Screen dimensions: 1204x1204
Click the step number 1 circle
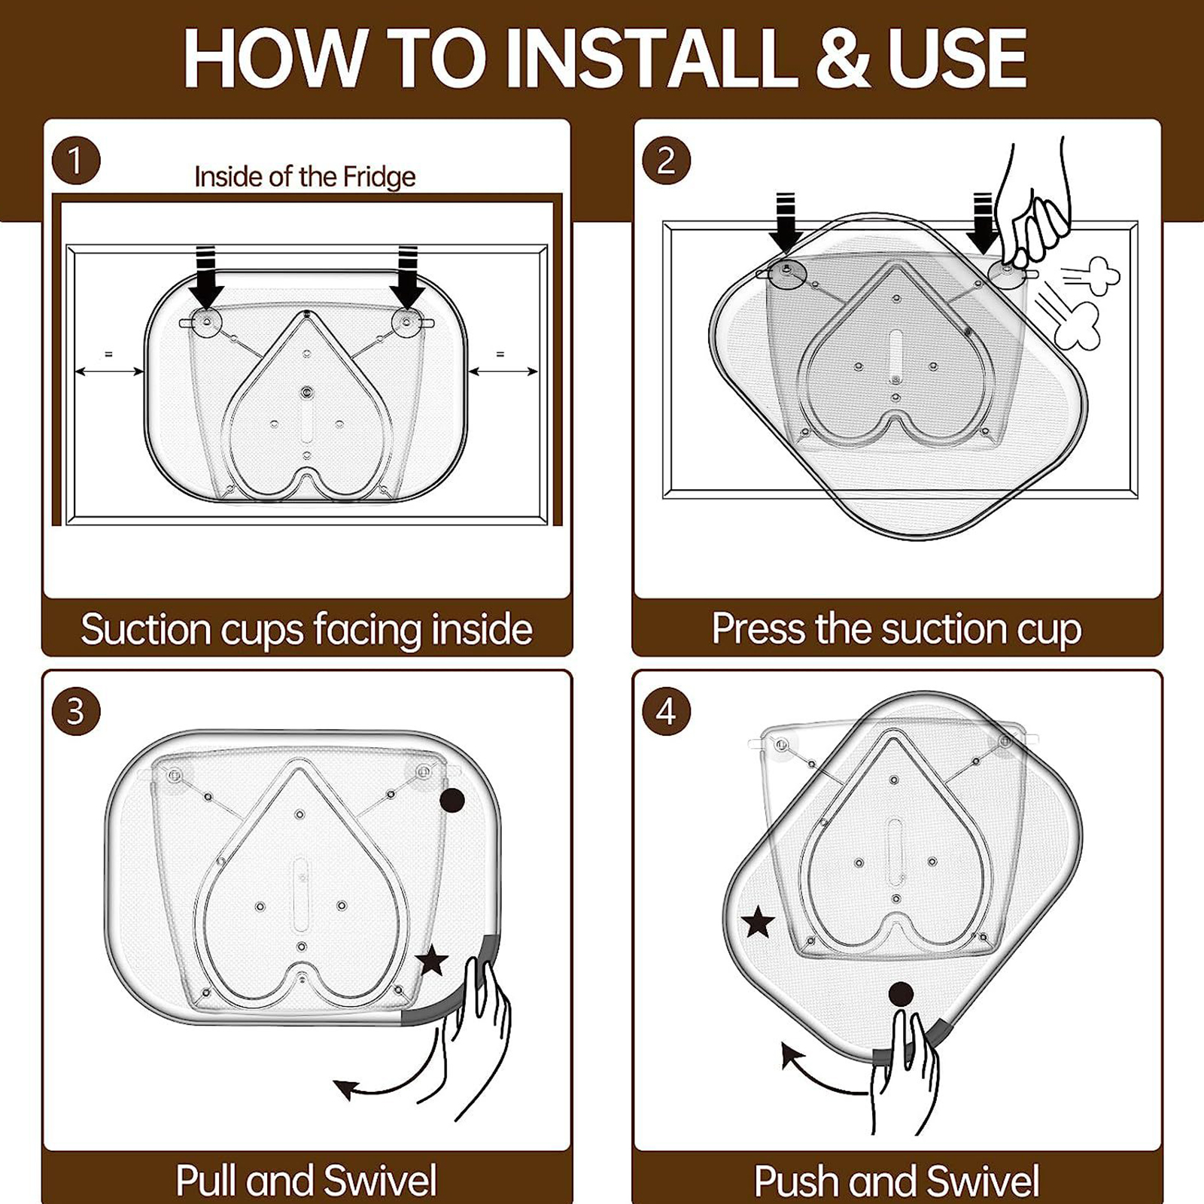tap(76, 160)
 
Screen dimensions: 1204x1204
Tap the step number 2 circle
tap(667, 160)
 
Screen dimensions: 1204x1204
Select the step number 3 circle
tap(76, 711)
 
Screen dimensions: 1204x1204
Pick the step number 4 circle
tap(667, 711)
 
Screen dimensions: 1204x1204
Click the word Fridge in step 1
tap(379, 177)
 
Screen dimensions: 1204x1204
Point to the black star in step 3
tap(432, 961)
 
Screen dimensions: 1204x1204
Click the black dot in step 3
tap(451, 801)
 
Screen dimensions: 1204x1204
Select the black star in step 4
tap(758, 922)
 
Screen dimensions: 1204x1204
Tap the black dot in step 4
tap(901, 994)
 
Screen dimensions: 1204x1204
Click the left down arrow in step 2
tap(785, 223)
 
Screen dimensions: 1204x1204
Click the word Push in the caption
tap(798, 1180)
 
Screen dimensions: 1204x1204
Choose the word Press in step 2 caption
tap(759, 628)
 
